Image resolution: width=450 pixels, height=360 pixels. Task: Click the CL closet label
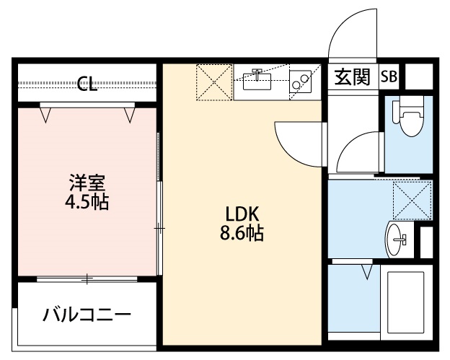[x=87, y=84]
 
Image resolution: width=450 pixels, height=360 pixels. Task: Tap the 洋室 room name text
[x=87, y=183]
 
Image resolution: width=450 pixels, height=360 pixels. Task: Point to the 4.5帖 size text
[x=87, y=202]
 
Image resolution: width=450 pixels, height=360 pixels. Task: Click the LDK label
[x=242, y=214]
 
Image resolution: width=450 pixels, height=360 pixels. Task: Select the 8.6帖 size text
[x=242, y=232]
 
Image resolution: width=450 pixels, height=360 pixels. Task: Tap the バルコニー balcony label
[x=87, y=315]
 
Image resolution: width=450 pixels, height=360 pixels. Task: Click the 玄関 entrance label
[x=353, y=77]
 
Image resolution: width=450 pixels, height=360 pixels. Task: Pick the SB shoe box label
[x=389, y=76]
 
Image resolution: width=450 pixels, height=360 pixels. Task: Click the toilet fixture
[x=409, y=116]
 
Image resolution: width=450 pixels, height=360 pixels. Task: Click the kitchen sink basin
[x=257, y=82]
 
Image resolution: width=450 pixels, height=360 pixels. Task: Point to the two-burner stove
[x=300, y=82]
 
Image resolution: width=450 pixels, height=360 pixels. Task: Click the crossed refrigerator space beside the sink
[x=214, y=82]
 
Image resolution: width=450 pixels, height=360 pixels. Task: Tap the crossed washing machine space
[x=412, y=201]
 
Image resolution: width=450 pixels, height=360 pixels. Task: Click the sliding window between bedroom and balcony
[x=87, y=278]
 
